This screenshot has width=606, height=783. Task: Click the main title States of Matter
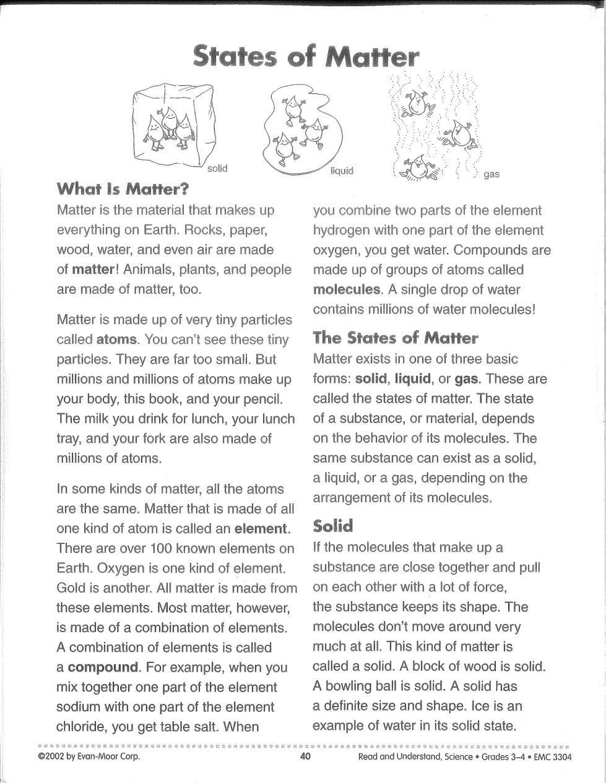[x=306, y=56]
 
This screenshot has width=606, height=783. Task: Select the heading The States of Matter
[x=396, y=338]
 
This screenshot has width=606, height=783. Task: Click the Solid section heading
[x=333, y=526]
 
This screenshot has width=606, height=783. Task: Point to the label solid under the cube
[x=217, y=168]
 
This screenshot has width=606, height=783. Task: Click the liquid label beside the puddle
[x=342, y=171]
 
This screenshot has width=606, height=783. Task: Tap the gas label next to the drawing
[x=491, y=174]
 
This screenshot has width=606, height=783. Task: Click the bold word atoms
[x=117, y=340]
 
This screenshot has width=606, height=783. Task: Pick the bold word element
[x=261, y=529]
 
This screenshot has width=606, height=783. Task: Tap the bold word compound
[x=103, y=667]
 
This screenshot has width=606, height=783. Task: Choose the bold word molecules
[x=347, y=289]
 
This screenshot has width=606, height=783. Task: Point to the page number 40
[x=304, y=757]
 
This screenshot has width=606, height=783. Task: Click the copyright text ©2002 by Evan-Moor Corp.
[x=89, y=757]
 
